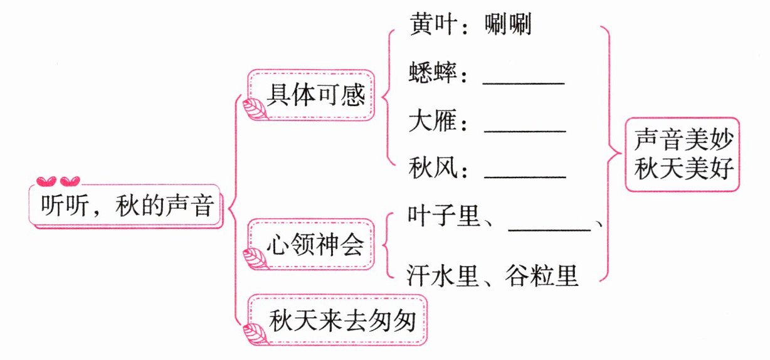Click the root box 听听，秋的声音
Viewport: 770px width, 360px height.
127,205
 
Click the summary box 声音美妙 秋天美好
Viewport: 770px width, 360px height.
682,154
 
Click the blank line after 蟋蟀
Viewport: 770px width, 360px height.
524,82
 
